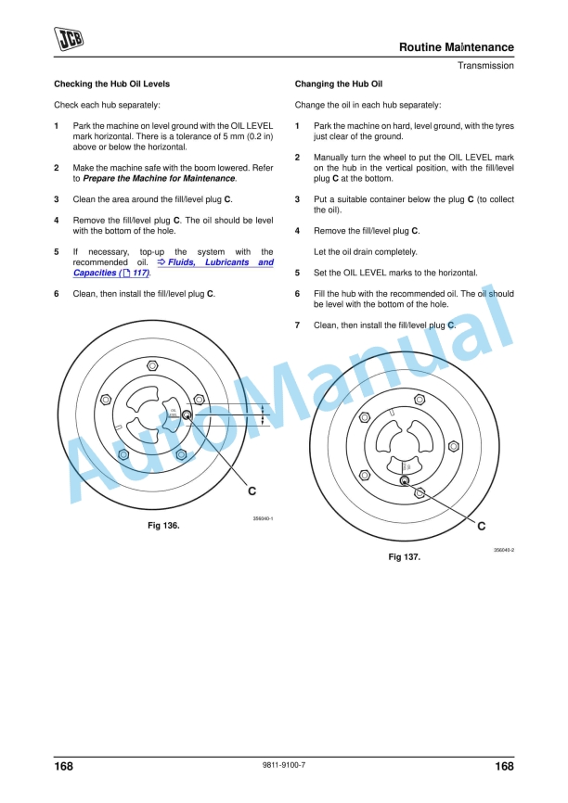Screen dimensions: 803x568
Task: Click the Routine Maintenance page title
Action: pyautogui.click(x=456, y=47)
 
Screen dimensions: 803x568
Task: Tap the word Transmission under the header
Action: pyautogui.click(x=484, y=66)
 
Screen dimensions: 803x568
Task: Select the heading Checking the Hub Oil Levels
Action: pyautogui.click(x=111, y=83)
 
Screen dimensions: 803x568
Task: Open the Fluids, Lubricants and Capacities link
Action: pyautogui.click(x=174, y=268)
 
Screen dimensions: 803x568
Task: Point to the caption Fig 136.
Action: pyautogui.click(x=163, y=526)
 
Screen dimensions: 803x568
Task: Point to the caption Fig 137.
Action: pyautogui.click(x=405, y=557)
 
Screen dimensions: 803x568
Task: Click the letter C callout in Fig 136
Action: pyautogui.click(x=252, y=489)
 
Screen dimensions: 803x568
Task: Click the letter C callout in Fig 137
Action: pyautogui.click(x=481, y=526)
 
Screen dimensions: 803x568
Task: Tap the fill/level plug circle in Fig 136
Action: pyautogui.click(x=187, y=415)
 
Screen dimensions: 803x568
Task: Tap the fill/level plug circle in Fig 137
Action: pyautogui.click(x=405, y=480)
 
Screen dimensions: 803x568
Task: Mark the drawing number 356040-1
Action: pyautogui.click(x=262, y=519)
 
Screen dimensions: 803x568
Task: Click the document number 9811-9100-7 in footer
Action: pyautogui.click(x=285, y=766)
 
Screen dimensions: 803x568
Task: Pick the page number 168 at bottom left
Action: pyautogui.click(x=64, y=767)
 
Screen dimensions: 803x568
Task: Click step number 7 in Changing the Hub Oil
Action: pyautogui.click(x=297, y=325)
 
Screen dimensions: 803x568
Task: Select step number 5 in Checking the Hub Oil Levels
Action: pyautogui.click(x=57, y=251)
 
